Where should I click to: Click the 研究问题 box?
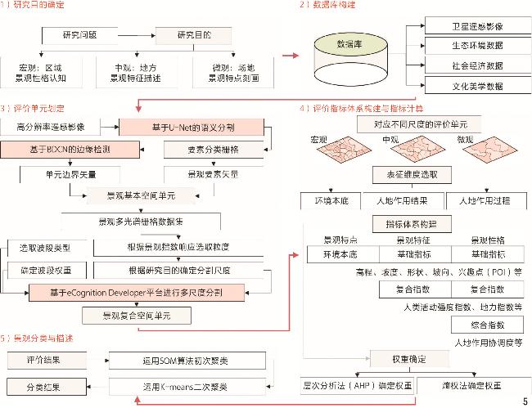[x=84, y=34]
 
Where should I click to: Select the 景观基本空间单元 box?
[x=142, y=196]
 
